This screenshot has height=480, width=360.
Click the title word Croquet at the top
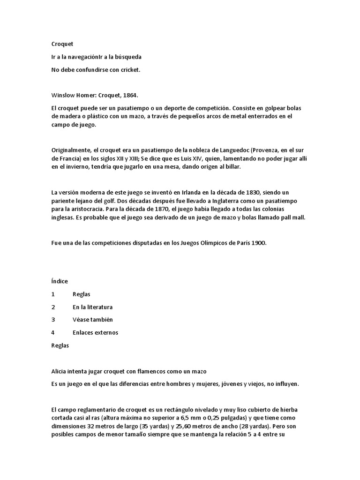(62, 44)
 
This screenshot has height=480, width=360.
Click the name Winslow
(63, 95)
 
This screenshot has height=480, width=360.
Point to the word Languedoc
(229, 150)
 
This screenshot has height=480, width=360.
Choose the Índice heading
(60, 281)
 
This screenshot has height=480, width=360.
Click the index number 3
(53, 320)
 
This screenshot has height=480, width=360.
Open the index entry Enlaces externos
(96, 332)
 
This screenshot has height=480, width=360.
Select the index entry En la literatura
(93, 307)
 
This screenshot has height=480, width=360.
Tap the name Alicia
(59, 371)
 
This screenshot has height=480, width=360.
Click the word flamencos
(148, 371)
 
